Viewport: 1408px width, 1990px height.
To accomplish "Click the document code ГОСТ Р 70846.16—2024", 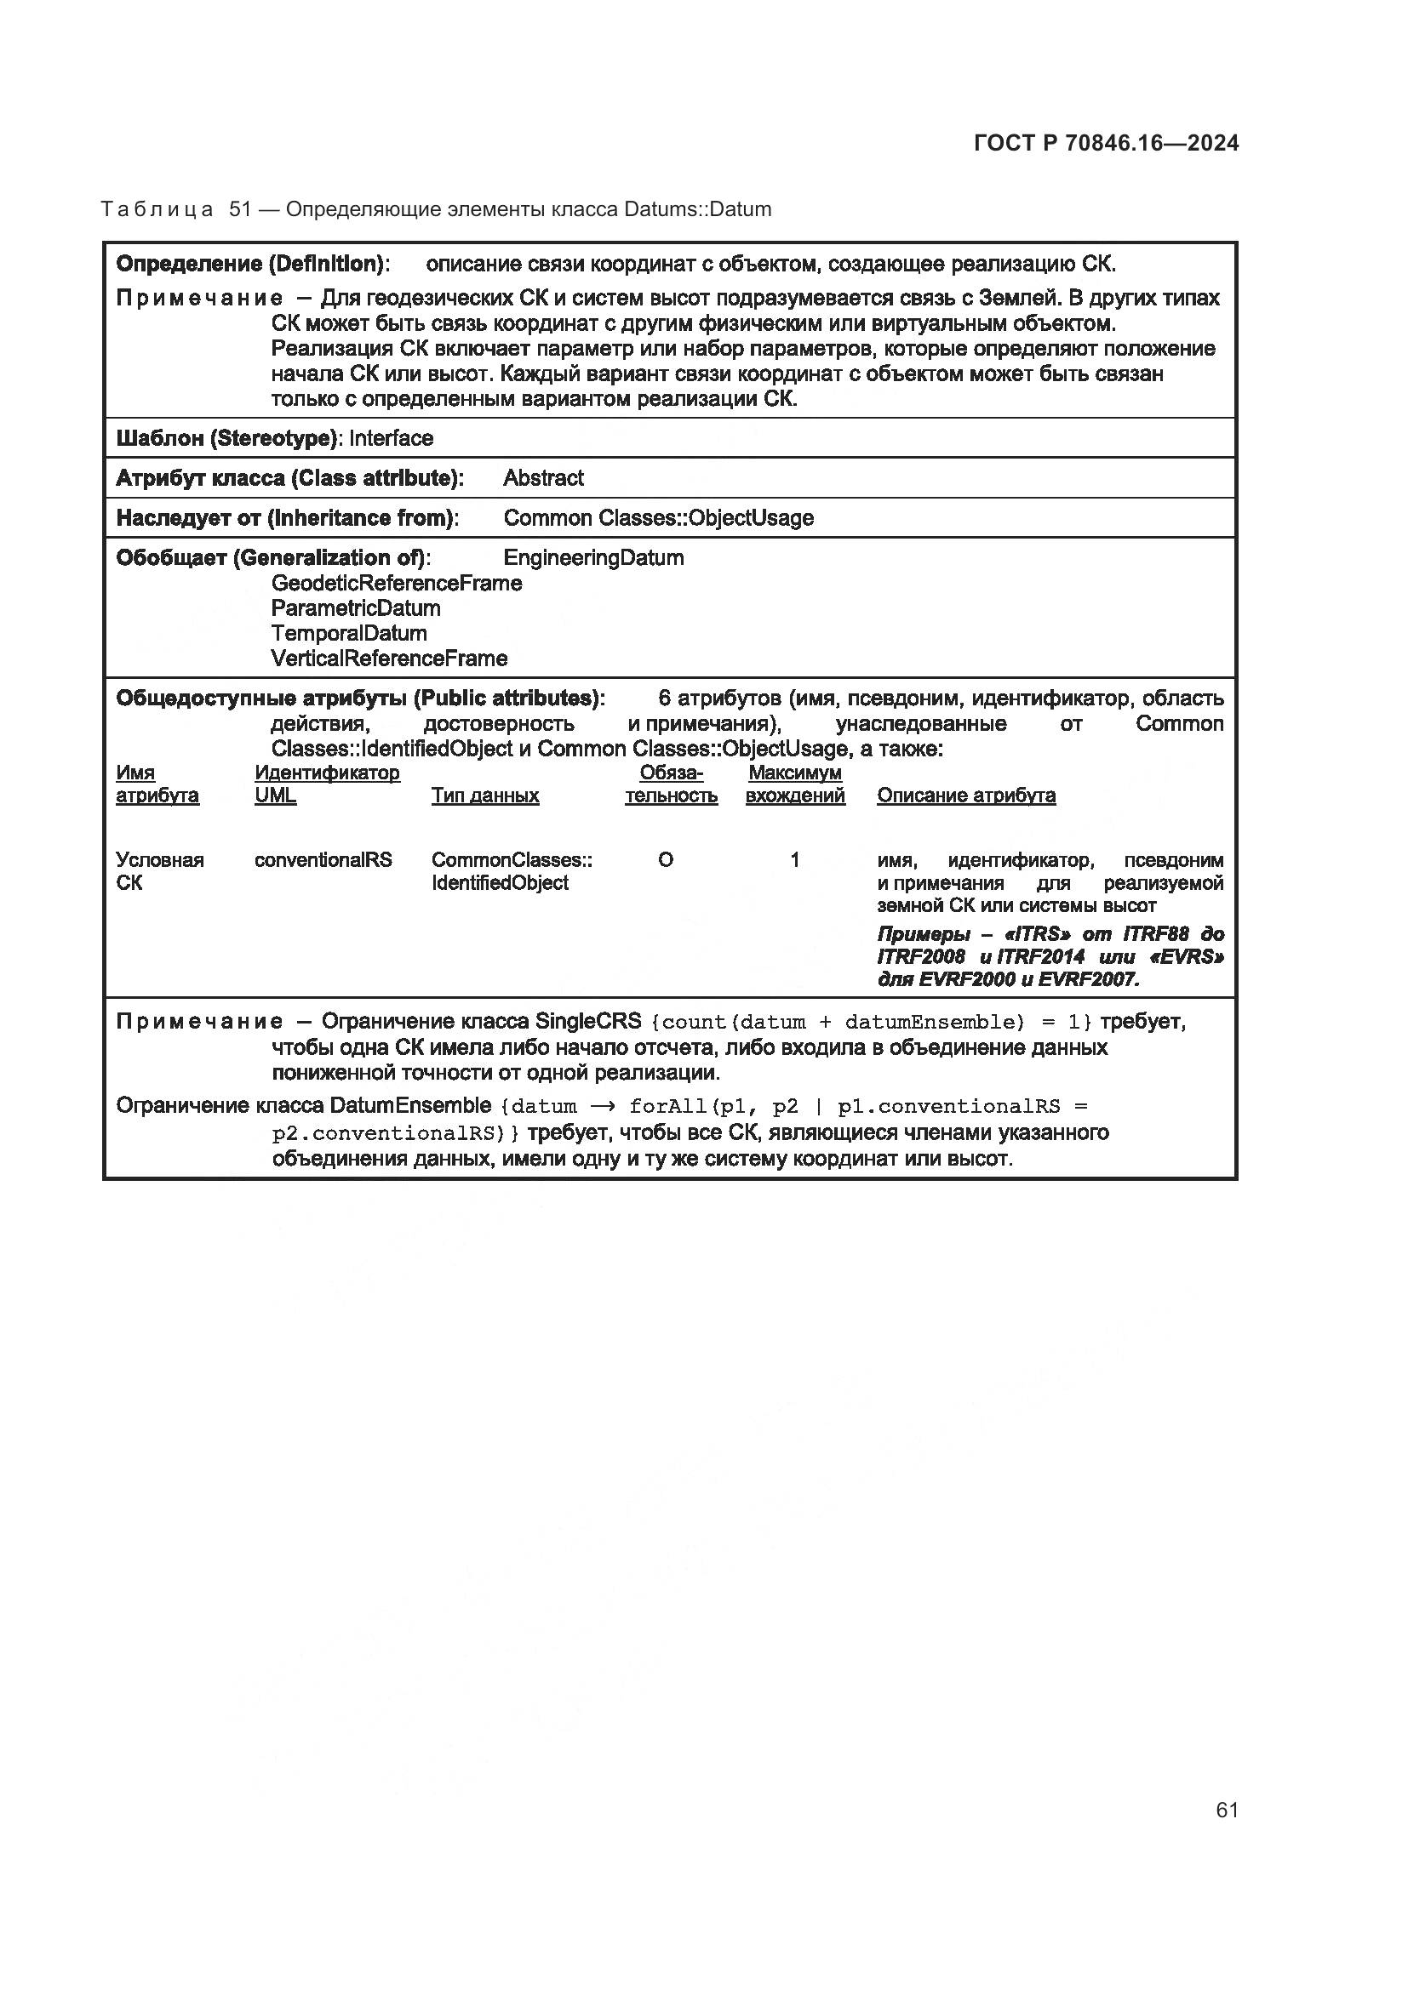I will point(1107,144).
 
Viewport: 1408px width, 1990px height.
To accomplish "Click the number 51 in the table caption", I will point(239,210).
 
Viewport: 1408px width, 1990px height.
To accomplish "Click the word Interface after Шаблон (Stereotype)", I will point(391,438).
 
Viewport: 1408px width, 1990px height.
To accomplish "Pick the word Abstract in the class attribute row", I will point(543,478).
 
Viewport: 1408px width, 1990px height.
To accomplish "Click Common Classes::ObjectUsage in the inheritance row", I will point(658,518).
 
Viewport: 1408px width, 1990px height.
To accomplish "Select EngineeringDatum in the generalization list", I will point(593,558).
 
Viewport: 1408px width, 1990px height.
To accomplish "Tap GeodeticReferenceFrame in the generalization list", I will point(396,584).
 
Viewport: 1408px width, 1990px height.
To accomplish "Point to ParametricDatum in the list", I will point(356,608).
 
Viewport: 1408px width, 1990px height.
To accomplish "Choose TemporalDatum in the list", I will point(348,634).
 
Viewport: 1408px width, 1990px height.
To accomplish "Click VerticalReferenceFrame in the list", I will point(388,659).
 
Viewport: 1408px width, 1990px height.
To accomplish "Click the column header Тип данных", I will point(484,795).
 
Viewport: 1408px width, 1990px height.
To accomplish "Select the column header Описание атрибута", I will point(966,795).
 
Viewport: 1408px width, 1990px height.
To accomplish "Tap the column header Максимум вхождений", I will point(794,784).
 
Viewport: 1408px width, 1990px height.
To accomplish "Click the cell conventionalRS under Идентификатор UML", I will point(323,860).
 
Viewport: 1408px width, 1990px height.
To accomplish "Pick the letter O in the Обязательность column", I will point(665,860).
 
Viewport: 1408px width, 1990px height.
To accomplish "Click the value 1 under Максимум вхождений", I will point(794,860).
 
